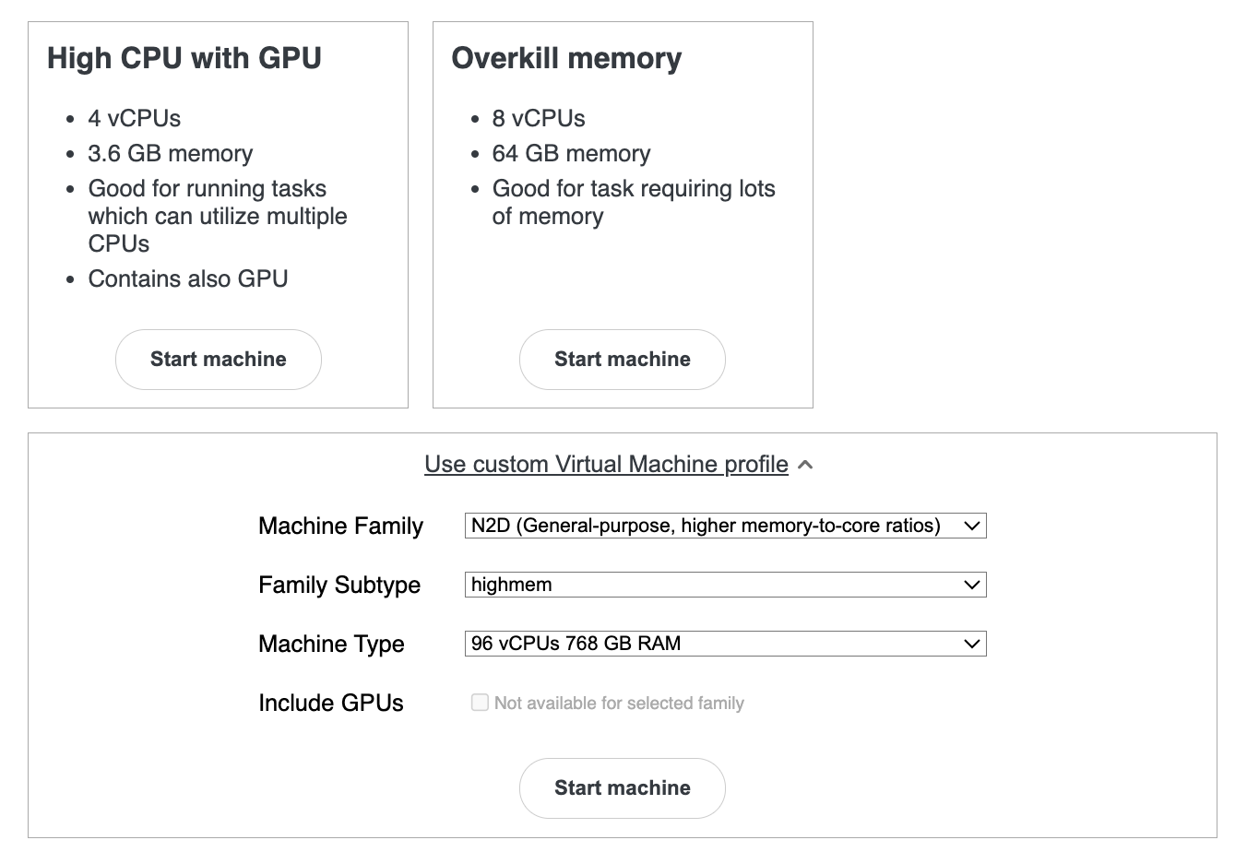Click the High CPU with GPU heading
click(x=184, y=58)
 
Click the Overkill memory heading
click(x=566, y=58)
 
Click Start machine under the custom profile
click(x=622, y=787)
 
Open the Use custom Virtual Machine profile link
click(x=606, y=464)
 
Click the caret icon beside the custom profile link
click(x=805, y=465)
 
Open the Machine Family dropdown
click(x=725, y=526)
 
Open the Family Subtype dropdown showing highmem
click(x=725, y=585)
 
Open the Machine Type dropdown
click(x=725, y=644)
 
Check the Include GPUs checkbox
click(x=480, y=703)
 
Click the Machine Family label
click(x=340, y=526)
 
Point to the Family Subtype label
click(x=339, y=585)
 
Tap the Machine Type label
click(x=331, y=644)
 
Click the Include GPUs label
click(x=331, y=703)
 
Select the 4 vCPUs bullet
click(x=135, y=118)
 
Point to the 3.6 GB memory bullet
click(x=171, y=153)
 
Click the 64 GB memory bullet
click(x=571, y=153)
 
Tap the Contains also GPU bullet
click(x=188, y=278)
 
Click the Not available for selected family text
click(x=619, y=703)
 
